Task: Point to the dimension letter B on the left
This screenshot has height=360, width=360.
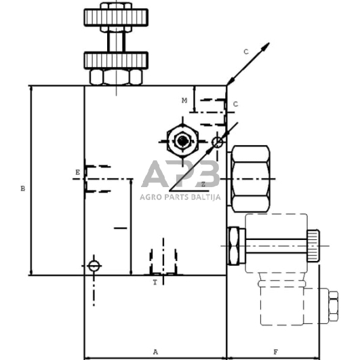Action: coord(22,188)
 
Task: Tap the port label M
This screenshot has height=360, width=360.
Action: coord(184,100)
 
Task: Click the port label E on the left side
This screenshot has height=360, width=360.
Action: coord(78,172)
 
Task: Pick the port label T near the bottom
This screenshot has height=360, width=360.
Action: coord(155,281)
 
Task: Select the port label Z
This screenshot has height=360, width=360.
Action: coord(203,184)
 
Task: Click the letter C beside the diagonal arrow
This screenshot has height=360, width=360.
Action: coord(246,52)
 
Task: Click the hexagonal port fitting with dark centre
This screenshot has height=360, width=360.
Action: coord(182,141)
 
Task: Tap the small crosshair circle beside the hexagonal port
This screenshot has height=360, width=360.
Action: coord(218,142)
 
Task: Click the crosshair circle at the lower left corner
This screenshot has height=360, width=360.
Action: coord(94,265)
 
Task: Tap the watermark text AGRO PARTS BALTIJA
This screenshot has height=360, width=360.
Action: coord(180,197)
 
